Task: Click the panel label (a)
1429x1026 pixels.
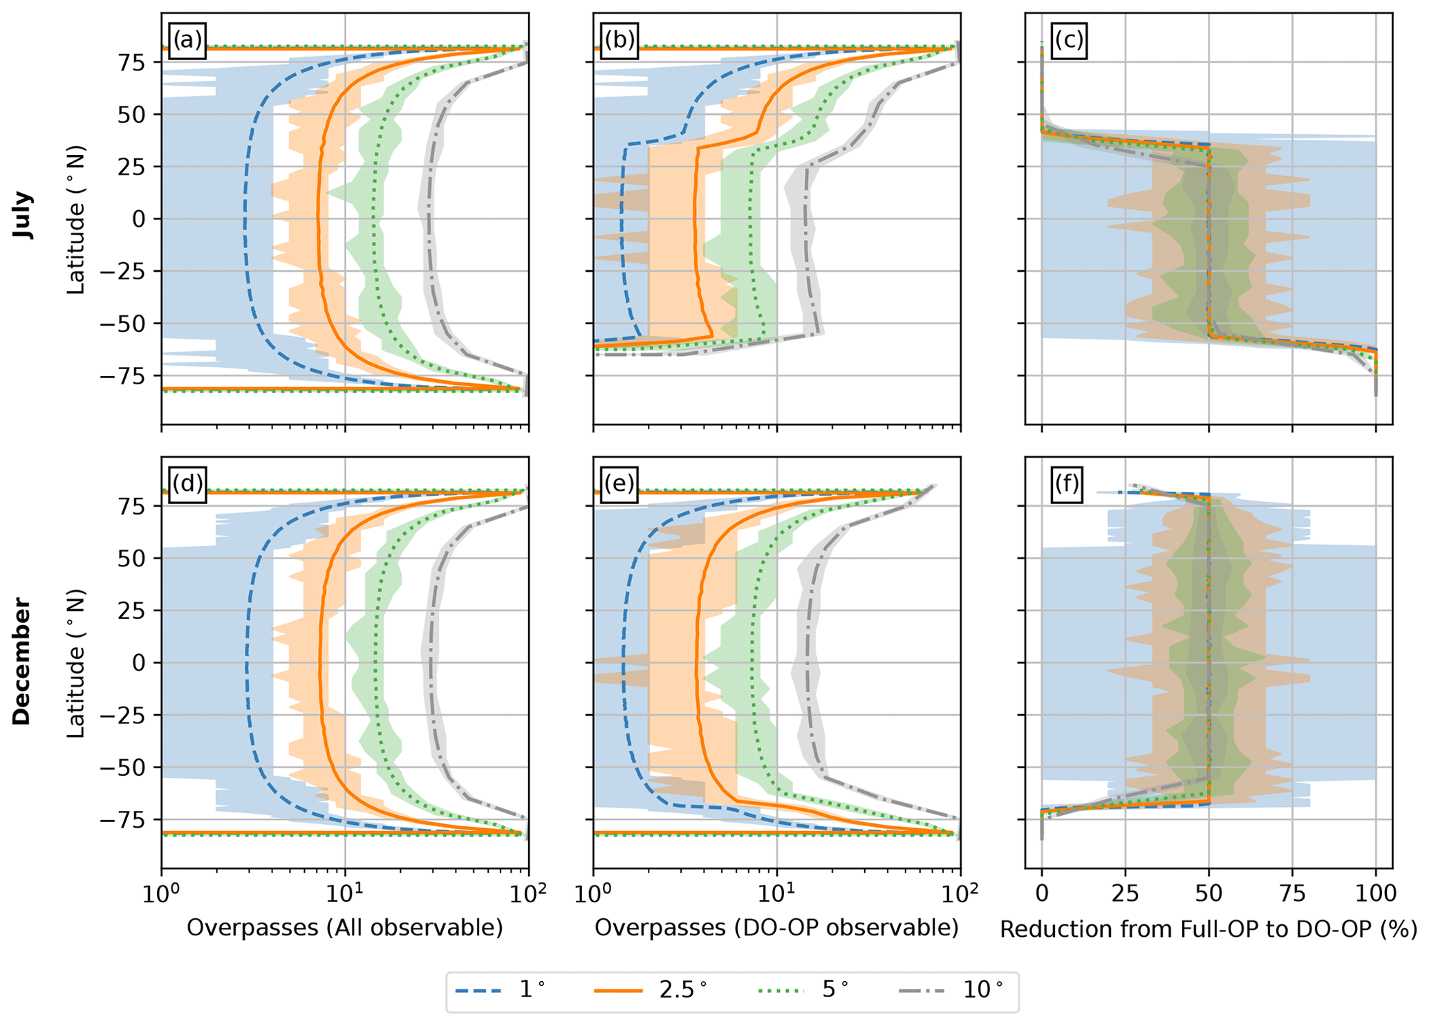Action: point(187,41)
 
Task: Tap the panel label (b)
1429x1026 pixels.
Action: point(619,41)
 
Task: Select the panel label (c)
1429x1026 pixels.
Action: point(1068,41)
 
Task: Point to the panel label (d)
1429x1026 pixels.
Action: point(187,484)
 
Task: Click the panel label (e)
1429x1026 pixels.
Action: point(619,484)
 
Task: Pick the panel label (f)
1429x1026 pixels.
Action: point(1067,484)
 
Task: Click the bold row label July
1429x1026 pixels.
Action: point(24,216)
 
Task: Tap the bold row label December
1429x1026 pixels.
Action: point(22,662)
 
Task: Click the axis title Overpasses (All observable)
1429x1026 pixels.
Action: point(344,928)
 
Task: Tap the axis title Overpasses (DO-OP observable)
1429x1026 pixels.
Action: point(776,928)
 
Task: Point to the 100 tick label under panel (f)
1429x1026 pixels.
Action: point(1375,894)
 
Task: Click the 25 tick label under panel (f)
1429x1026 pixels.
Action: point(1125,894)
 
